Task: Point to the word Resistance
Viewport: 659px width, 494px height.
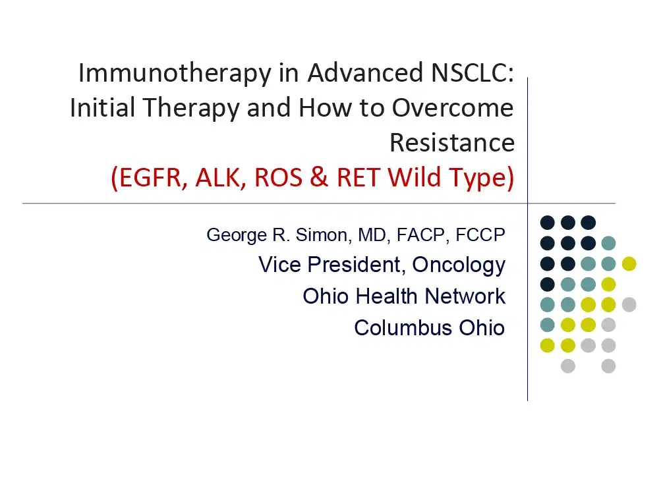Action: [452, 142]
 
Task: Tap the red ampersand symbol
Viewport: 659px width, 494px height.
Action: [319, 178]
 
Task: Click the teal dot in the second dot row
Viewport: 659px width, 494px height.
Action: [608, 243]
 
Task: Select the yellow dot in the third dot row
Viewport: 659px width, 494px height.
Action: [629, 263]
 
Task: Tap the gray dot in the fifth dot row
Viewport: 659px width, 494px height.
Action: [629, 304]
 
